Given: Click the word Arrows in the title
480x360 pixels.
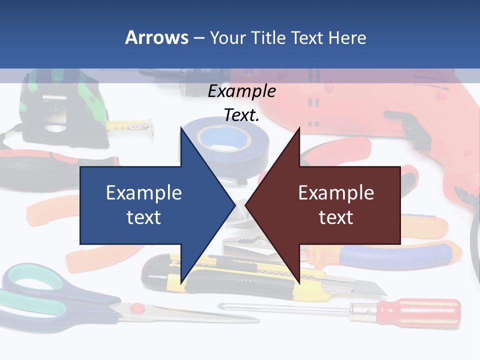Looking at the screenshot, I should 156,37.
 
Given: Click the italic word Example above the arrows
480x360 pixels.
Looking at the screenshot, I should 241,91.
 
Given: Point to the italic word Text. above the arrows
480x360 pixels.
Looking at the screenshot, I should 241,115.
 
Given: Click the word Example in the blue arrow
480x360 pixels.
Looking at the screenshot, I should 144,193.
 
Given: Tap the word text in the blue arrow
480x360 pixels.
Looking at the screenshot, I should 144,217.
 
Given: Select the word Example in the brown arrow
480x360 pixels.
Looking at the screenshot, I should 336,193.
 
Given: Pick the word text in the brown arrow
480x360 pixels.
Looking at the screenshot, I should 336,217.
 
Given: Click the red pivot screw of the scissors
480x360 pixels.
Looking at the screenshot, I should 136,308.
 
